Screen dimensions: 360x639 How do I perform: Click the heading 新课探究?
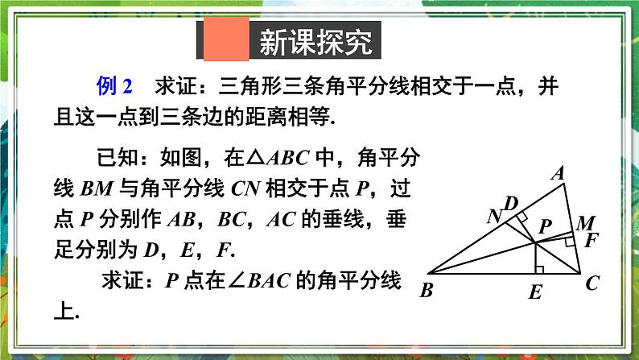pyautogui.click(x=315, y=42)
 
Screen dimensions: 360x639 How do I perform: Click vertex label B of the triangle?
pyautogui.click(x=427, y=290)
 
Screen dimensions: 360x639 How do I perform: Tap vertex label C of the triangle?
pyautogui.click(x=593, y=283)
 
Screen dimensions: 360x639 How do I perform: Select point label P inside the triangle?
pyautogui.click(x=545, y=228)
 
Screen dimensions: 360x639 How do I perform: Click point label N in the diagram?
pyautogui.click(x=495, y=216)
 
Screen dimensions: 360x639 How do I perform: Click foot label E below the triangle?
pyautogui.click(x=535, y=293)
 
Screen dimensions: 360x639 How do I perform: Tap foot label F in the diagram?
pyautogui.click(x=592, y=239)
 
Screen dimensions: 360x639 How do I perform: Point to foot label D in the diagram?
pyautogui.click(x=510, y=201)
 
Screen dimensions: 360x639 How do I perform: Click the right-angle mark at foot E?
pyautogui.click(x=540, y=268)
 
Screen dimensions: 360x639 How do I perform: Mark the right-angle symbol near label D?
pyautogui.click(x=522, y=217)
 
